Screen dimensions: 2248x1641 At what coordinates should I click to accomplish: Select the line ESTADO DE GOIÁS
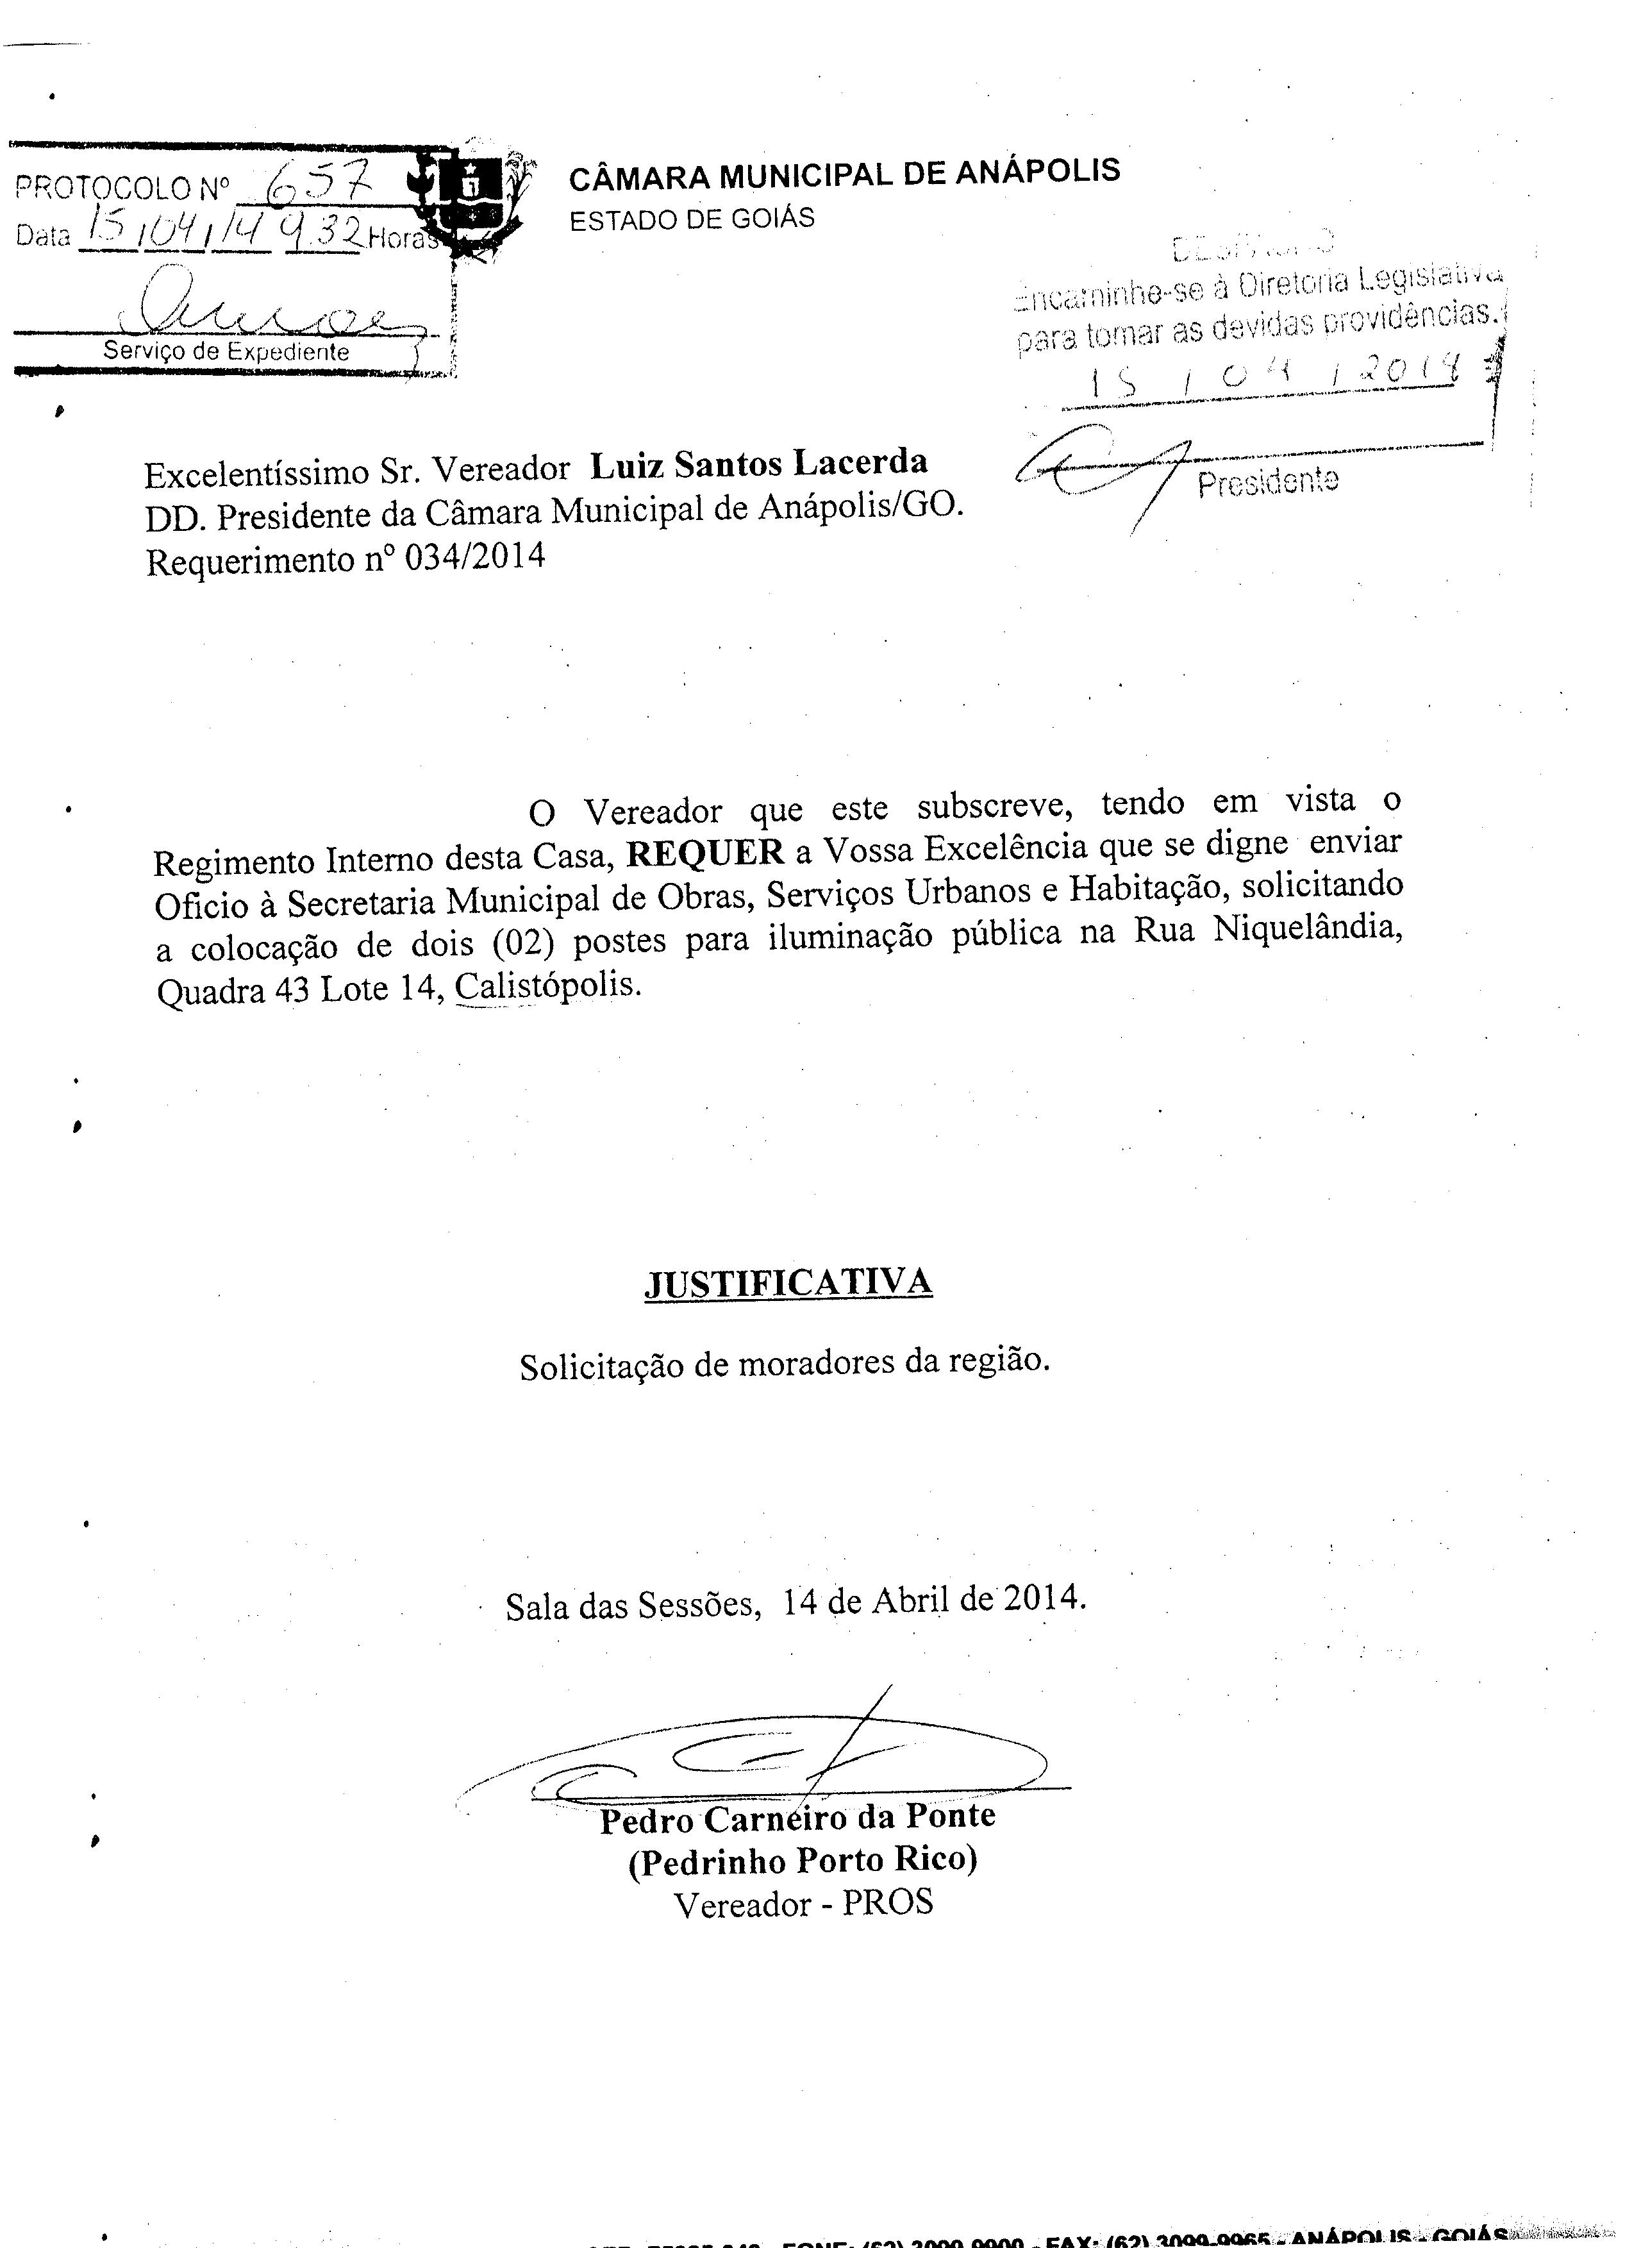tap(692, 219)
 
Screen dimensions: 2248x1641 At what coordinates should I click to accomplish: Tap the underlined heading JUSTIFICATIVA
tap(788, 1282)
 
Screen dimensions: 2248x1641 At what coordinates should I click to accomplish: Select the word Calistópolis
tap(547, 986)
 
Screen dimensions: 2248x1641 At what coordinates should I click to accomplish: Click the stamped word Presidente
tap(1267, 482)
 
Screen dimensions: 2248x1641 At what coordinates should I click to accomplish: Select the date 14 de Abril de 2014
tap(933, 1599)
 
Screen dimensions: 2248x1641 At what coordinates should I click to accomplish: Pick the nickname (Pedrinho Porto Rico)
tap(803, 1859)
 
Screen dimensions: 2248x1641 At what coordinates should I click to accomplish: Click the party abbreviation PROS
tap(888, 1902)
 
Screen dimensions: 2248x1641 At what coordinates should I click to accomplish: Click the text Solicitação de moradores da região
tap(785, 1363)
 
